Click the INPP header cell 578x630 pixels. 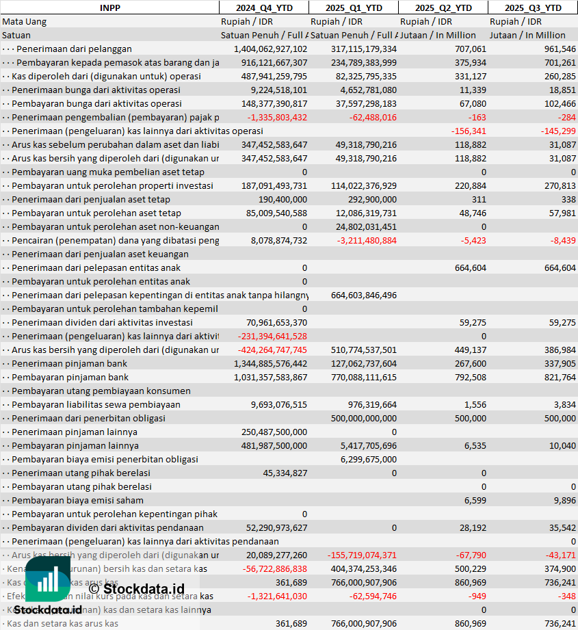109,8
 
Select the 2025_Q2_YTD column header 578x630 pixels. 443,8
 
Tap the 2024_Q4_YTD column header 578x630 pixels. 263,8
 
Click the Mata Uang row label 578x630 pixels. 25,21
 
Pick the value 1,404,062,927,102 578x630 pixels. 270,49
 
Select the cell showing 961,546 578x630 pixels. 560,49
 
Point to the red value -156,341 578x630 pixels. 469,131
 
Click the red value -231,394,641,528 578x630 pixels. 272,336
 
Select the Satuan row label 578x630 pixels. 16,35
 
